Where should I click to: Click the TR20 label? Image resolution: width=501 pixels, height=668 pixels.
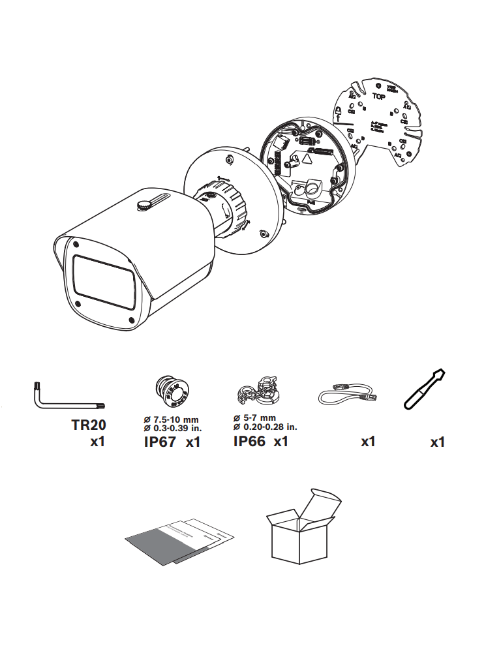click(88, 425)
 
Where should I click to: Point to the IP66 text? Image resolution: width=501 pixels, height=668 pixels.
click(249, 442)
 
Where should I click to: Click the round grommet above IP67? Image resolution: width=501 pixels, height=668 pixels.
click(171, 391)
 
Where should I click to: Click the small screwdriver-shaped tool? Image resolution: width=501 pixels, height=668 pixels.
click(423, 390)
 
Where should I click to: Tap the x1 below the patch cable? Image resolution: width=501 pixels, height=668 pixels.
click(368, 442)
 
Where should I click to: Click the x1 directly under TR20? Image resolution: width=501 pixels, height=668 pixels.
click(97, 442)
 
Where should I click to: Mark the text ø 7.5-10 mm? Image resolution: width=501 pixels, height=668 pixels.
click(172, 419)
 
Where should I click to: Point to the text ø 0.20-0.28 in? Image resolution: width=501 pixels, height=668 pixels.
click(266, 427)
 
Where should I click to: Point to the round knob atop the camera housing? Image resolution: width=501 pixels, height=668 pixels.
click(144, 205)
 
